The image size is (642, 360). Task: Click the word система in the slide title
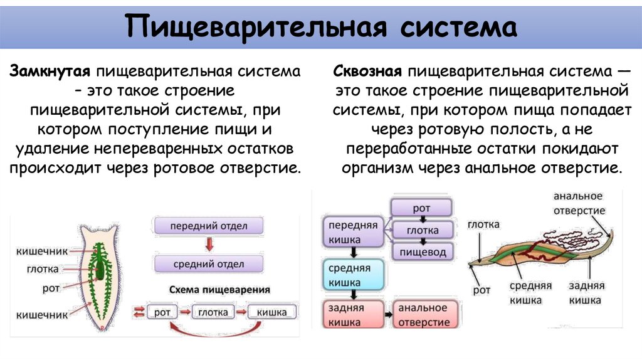pyautogui.click(x=450, y=28)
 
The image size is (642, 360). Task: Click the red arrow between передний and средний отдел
pyautogui.click(x=209, y=245)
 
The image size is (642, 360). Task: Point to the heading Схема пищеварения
pyautogui.click(x=219, y=290)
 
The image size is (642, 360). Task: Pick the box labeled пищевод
pyautogui.click(x=421, y=252)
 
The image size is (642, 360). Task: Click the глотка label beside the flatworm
pyautogui.click(x=43, y=269)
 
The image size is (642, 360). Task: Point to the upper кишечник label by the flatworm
pyautogui.click(x=41, y=251)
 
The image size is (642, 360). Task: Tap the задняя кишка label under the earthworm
pyautogui.click(x=586, y=293)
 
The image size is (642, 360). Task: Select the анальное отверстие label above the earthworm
pyautogui.click(x=578, y=204)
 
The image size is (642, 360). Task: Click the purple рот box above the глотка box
pyautogui.click(x=421, y=208)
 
